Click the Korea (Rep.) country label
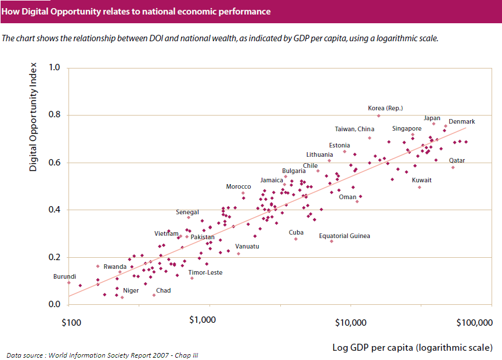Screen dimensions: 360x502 click(385, 108)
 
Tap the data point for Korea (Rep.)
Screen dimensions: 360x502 click(378, 116)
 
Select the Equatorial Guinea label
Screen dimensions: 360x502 click(344, 236)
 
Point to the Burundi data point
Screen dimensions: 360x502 click(69, 283)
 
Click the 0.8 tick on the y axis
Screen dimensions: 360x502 click(55, 115)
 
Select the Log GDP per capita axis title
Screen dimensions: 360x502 click(412, 347)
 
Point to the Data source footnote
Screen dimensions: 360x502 click(102, 355)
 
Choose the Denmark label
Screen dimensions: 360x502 click(461, 121)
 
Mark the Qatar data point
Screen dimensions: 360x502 click(453, 167)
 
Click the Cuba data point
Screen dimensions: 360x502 click(295, 239)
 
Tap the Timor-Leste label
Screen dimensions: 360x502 click(205, 272)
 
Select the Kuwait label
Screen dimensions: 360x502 click(421, 180)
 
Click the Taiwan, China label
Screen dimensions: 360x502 click(354, 129)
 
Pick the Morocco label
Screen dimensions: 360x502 click(238, 186)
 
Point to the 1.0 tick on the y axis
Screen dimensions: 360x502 click(55, 67)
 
